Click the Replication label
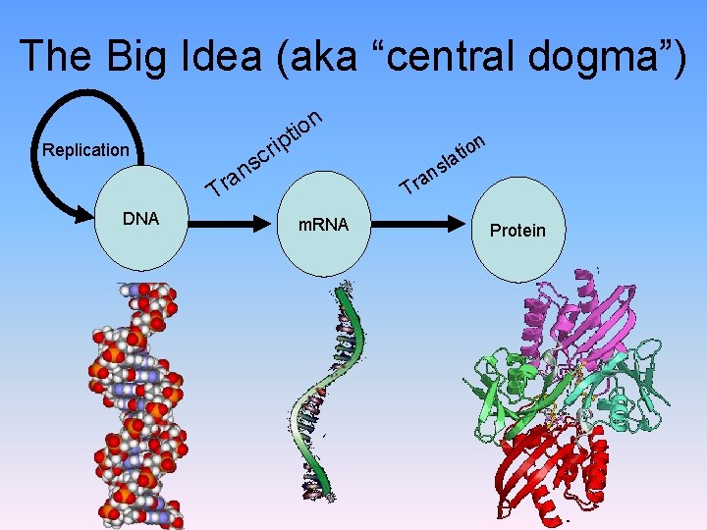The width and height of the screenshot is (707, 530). click(x=85, y=150)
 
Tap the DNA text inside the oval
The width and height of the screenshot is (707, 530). click(x=140, y=218)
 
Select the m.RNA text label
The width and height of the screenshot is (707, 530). click(x=323, y=226)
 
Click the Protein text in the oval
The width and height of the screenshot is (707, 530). click(x=517, y=230)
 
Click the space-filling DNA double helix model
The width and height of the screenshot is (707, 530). click(x=140, y=402)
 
